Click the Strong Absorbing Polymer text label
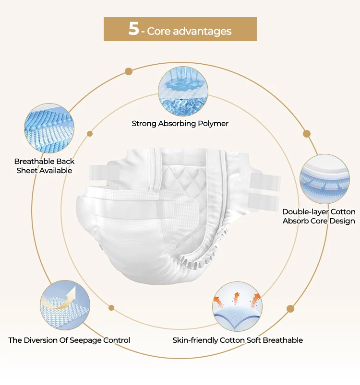pyautogui.click(x=180, y=124)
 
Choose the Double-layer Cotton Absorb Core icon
pyautogui.click(x=325, y=178)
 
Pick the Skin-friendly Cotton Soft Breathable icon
pyautogui.click(x=237, y=306)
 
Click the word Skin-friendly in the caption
pyautogui.click(x=195, y=340)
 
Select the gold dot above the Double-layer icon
pyautogui.click(x=307, y=134)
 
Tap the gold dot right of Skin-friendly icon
pyautogui.click(x=290, y=309)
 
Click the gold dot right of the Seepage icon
pyautogui.click(x=111, y=307)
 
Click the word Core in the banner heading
pyautogui.click(x=159, y=32)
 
